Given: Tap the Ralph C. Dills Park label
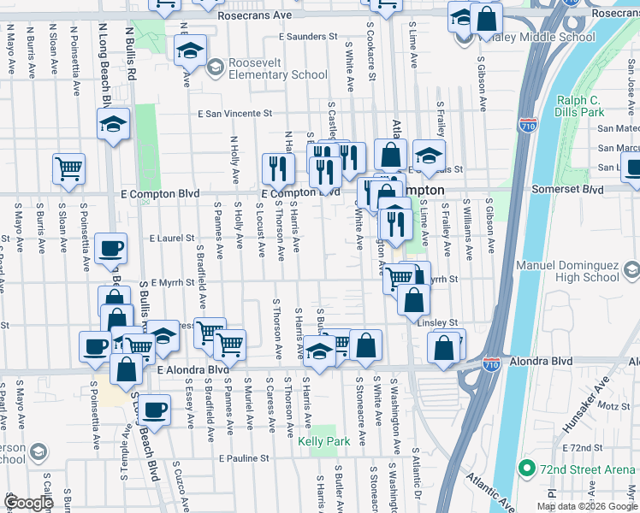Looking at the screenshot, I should [x=579, y=106].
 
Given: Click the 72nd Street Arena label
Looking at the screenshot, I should [x=587, y=469].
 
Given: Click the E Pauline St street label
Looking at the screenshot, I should [x=244, y=458].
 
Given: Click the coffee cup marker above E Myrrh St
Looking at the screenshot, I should [x=110, y=249].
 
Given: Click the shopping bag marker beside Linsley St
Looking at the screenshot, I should [x=414, y=301].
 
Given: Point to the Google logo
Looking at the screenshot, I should [x=28, y=503].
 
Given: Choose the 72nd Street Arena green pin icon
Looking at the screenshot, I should [x=525, y=469].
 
